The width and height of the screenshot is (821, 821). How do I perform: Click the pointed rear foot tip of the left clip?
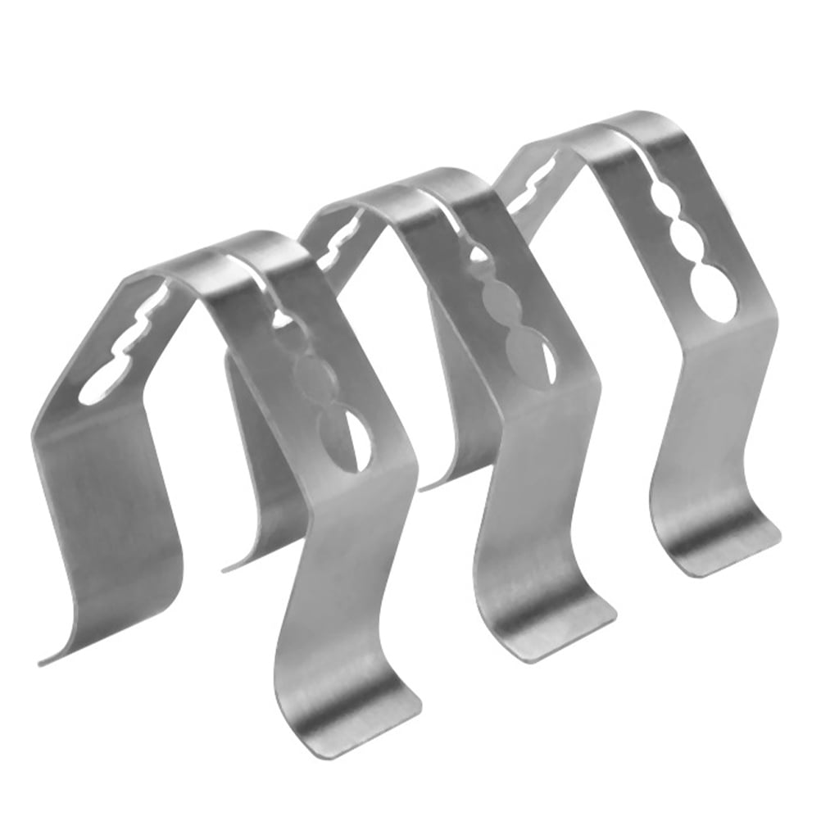coord(45,660)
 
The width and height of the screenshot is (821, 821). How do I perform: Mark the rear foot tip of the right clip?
coord(426,488)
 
